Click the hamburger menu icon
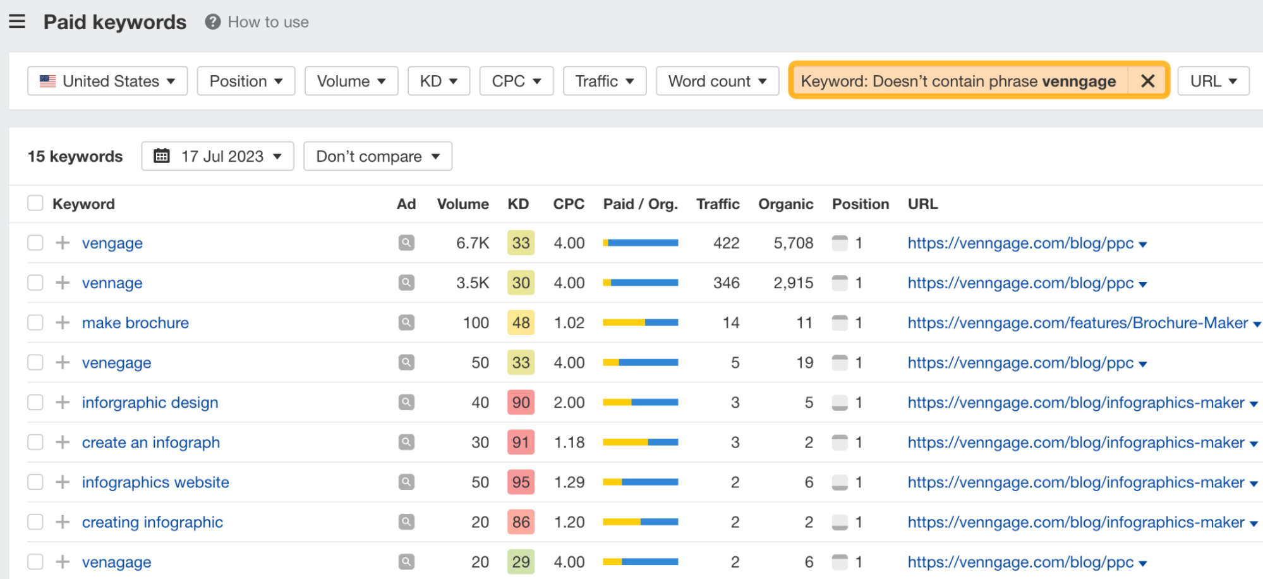(x=17, y=21)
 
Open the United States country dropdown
(x=107, y=82)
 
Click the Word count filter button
(x=717, y=82)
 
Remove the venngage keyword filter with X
(x=1147, y=81)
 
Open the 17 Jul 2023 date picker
(x=218, y=156)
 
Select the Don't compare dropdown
(x=378, y=156)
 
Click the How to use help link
(x=257, y=22)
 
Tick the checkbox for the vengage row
(x=35, y=243)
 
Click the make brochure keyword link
(x=135, y=323)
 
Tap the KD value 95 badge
(x=521, y=482)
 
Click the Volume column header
(x=462, y=204)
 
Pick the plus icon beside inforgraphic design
(x=63, y=403)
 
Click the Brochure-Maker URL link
(x=1077, y=323)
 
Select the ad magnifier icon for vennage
(x=406, y=283)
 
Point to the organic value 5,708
(x=793, y=243)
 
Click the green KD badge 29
(x=521, y=562)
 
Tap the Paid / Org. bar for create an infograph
(x=640, y=442)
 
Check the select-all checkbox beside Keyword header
(x=35, y=204)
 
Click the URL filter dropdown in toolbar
(x=1213, y=82)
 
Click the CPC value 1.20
(x=569, y=522)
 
